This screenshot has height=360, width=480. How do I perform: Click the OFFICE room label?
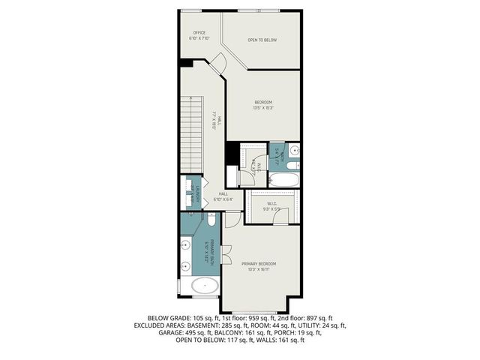pyautogui.click(x=199, y=35)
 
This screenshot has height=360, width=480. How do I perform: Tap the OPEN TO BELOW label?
pyautogui.click(x=262, y=39)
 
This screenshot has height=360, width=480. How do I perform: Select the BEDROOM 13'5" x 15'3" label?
pyautogui.click(x=262, y=104)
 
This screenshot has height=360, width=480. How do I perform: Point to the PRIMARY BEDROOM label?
pyautogui.click(x=259, y=265)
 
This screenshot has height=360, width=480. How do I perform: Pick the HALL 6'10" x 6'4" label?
pyautogui.click(x=223, y=196)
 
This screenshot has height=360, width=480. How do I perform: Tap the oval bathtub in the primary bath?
pyautogui.click(x=205, y=286)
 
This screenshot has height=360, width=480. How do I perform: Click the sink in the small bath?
pyautogui.click(x=295, y=150)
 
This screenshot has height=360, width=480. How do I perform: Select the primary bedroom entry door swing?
pyautogui.click(x=232, y=219)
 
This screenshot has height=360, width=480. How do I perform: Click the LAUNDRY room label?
pyautogui.click(x=193, y=193)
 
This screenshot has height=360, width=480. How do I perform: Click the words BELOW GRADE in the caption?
pyautogui.click(x=166, y=318)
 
